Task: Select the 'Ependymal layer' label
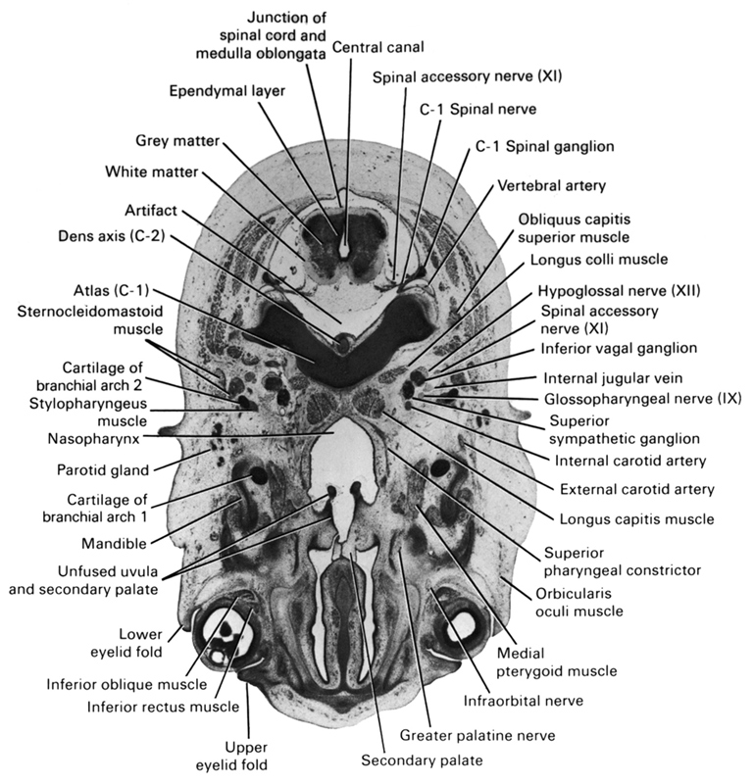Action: point(226,92)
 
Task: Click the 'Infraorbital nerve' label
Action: point(525,701)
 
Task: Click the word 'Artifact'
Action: point(149,210)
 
